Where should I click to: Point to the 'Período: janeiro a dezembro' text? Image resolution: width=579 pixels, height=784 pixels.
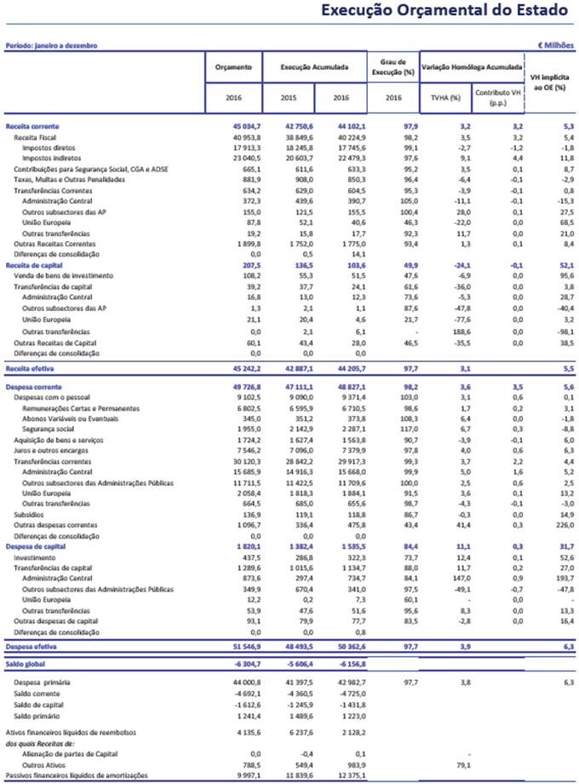click(x=52, y=43)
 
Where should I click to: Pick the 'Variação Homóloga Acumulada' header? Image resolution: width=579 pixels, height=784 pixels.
click(x=470, y=66)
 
